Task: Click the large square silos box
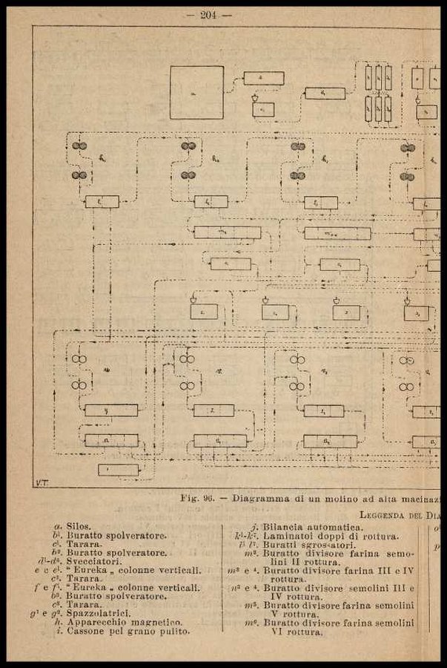pyautogui.click(x=196, y=92)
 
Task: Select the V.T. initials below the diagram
pyautogui.click(x=42, y=482)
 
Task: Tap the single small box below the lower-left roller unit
pyautogui.click(x=118, y=470)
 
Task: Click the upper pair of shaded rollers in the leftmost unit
pyautogui.click(x=79, y=146)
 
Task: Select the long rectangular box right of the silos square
pyautogui.click(x=264, y=78)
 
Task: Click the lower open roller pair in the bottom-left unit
pyautogui.click(x=79, y=385)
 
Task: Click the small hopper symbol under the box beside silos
pyautogui.click(x=256, y=97)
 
